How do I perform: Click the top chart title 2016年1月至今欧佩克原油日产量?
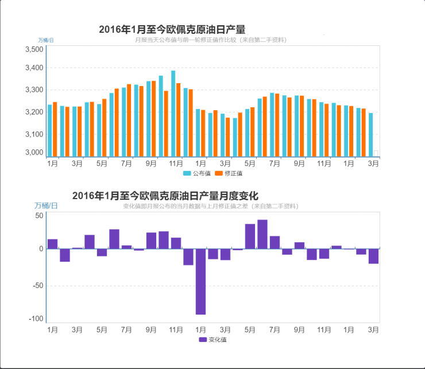(x=172, y=30)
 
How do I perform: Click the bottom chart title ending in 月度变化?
(x=165, y=196)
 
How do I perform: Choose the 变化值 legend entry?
(x=213, y=340)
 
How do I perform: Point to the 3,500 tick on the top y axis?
(x=35, y=50)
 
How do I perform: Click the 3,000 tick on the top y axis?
(x=35, y=153)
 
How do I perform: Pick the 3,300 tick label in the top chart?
(x=35, y=90)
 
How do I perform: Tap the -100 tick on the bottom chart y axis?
(x=36, y=319)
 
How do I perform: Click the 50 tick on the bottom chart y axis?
(x=40, y=216)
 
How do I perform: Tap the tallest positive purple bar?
(x=262, y=234)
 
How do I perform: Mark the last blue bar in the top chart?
(x=370, y=134)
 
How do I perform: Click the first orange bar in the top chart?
(x=55, y=129)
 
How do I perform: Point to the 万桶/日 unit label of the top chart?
(x=46, y=40)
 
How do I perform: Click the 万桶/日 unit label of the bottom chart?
(x=46, y=205)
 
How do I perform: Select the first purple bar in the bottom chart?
(x=52, y=244)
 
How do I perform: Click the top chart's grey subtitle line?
(x=210, y=40)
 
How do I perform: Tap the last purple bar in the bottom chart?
(x=373, y=256)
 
